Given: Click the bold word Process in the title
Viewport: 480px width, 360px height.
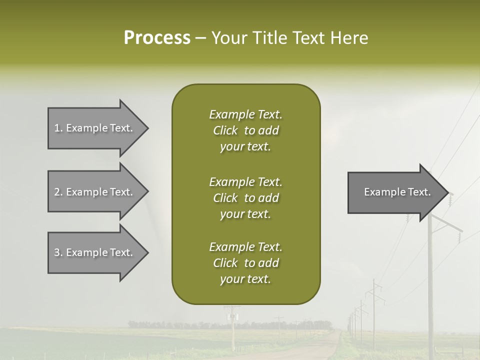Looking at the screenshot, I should click(157, 38).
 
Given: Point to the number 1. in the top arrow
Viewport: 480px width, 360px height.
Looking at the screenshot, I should click(58, 128).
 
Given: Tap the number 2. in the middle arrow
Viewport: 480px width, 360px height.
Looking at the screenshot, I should click(58, 192).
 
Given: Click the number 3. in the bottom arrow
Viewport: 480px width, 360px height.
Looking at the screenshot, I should click(58, 252).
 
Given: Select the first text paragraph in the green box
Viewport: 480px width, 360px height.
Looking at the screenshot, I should click(245, 130).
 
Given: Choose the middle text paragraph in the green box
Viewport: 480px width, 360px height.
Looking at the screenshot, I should click(245, 198).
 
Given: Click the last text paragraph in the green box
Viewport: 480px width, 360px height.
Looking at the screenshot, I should click(245, 263).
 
